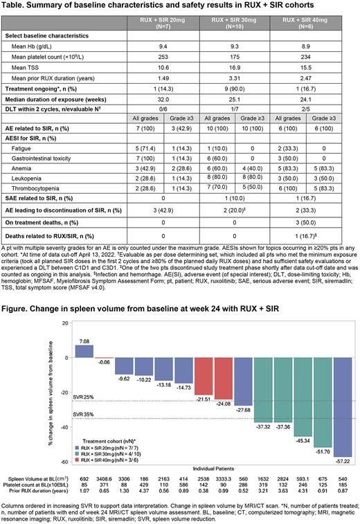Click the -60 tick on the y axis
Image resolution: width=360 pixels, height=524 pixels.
(x=68, y=462)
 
